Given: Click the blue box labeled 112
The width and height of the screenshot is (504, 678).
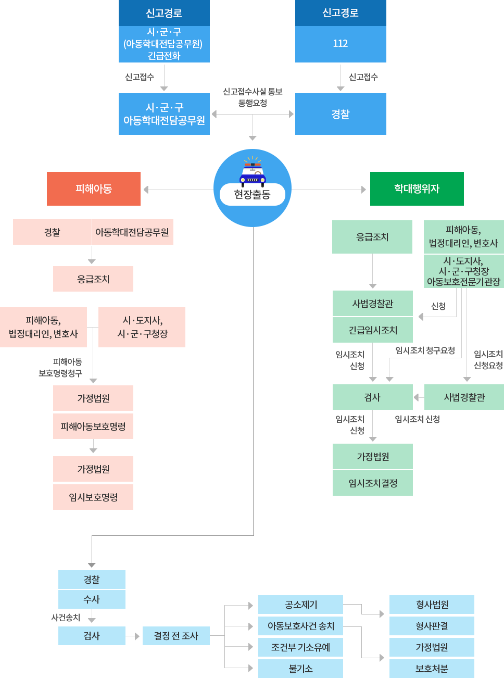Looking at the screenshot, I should (x=341, y=44).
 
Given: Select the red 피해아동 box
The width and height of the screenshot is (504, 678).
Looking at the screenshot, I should (x=94, y=189).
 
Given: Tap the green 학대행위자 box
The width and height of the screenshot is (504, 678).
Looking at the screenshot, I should (x=417, y=189).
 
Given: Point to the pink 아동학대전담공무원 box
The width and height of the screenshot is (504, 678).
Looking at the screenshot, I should (x=132, y=232).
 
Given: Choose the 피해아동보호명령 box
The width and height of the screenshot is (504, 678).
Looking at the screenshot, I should (x=93, y=426).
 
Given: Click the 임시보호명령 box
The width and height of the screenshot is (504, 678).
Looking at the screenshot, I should (x=93, y=497).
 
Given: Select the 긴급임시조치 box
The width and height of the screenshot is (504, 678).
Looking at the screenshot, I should (x=373, y=330).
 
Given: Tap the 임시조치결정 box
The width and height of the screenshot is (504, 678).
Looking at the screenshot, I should (x=373, y=483).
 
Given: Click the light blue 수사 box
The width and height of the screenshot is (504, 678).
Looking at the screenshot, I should (x=92, y=599).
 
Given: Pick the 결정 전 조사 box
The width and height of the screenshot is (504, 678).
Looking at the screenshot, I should (x=176, y=636).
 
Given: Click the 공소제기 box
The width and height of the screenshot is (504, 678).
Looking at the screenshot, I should (x=300, y=605).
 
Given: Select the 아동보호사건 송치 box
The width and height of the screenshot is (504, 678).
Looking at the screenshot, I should (x=300, y=626).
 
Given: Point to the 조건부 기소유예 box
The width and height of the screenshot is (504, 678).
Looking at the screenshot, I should (x=300, y=647).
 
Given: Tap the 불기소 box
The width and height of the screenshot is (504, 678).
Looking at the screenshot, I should (x=300, y=669).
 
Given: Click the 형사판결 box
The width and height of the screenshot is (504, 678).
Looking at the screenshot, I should (x=432, y=626).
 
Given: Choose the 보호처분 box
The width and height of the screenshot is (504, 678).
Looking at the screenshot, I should (x=432, y=669).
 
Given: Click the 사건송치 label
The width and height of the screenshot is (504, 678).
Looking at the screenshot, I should (x=66, y=618).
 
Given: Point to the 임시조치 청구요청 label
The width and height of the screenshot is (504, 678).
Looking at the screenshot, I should (x=425, y=350).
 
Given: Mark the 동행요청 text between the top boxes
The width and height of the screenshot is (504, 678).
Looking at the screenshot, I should (x=253, y=103).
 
